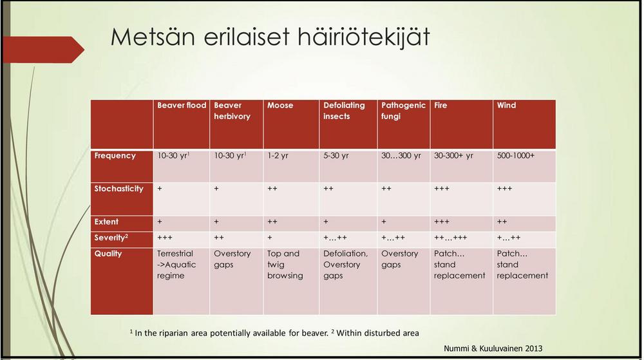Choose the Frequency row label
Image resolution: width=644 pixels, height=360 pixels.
click(x=115, y=156)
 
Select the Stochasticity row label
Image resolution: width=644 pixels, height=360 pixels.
click(x=118, y=189)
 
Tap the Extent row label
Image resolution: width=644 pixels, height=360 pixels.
click(x=106, y=222)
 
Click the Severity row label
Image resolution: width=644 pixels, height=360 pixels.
click(x=111, y=238)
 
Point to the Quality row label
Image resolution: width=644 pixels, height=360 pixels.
click(x=108, y=254)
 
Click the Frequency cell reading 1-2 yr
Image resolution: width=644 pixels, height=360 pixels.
click(x=278, y=156)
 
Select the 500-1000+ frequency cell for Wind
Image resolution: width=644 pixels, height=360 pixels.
click(x=515, y=156)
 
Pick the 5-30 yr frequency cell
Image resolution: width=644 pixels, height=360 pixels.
click(x=336, y=156)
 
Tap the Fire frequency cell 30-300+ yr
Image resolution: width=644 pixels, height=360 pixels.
click(x=453, y=156)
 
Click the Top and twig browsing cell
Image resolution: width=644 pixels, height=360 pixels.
click(x=285, y=265)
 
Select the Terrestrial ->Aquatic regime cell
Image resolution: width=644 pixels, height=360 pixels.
click(x=176, y=265)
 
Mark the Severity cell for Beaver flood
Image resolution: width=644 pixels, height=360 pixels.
click(x=165, y=238)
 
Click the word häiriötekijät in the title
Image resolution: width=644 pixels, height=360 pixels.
click(x=363, y=37)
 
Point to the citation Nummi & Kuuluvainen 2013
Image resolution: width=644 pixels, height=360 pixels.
click(x=493, y=348)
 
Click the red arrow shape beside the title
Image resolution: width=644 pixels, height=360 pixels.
click(x=43, y=50)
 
